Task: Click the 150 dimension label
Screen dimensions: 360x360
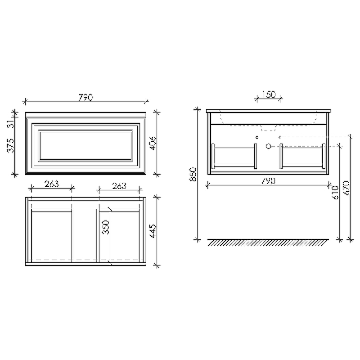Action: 268,94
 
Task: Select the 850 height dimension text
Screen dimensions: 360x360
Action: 193,174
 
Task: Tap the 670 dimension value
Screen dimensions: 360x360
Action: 346,187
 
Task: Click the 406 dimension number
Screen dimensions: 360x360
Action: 153,143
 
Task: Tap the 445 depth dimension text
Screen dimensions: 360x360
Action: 153,231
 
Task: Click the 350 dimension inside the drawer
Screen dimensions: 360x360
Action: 106,228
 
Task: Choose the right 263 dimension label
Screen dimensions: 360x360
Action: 119,186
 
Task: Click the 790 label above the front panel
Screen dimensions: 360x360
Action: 85,97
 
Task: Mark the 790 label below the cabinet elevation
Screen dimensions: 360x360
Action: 268,181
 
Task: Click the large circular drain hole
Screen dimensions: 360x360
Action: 269,146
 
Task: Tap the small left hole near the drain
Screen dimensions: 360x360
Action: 257,137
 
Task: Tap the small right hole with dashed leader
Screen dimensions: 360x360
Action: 280,136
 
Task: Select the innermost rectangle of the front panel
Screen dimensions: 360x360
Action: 85,145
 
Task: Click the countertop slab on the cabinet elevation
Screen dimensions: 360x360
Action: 269,111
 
